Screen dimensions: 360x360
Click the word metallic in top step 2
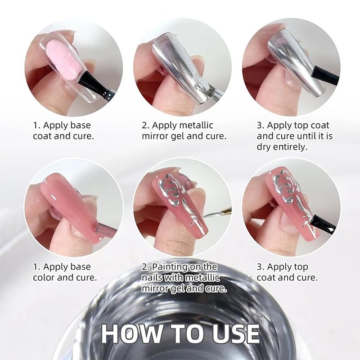(196, 126)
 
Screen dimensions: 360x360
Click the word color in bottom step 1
(44, 278)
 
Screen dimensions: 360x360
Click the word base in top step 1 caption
(81, 126)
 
